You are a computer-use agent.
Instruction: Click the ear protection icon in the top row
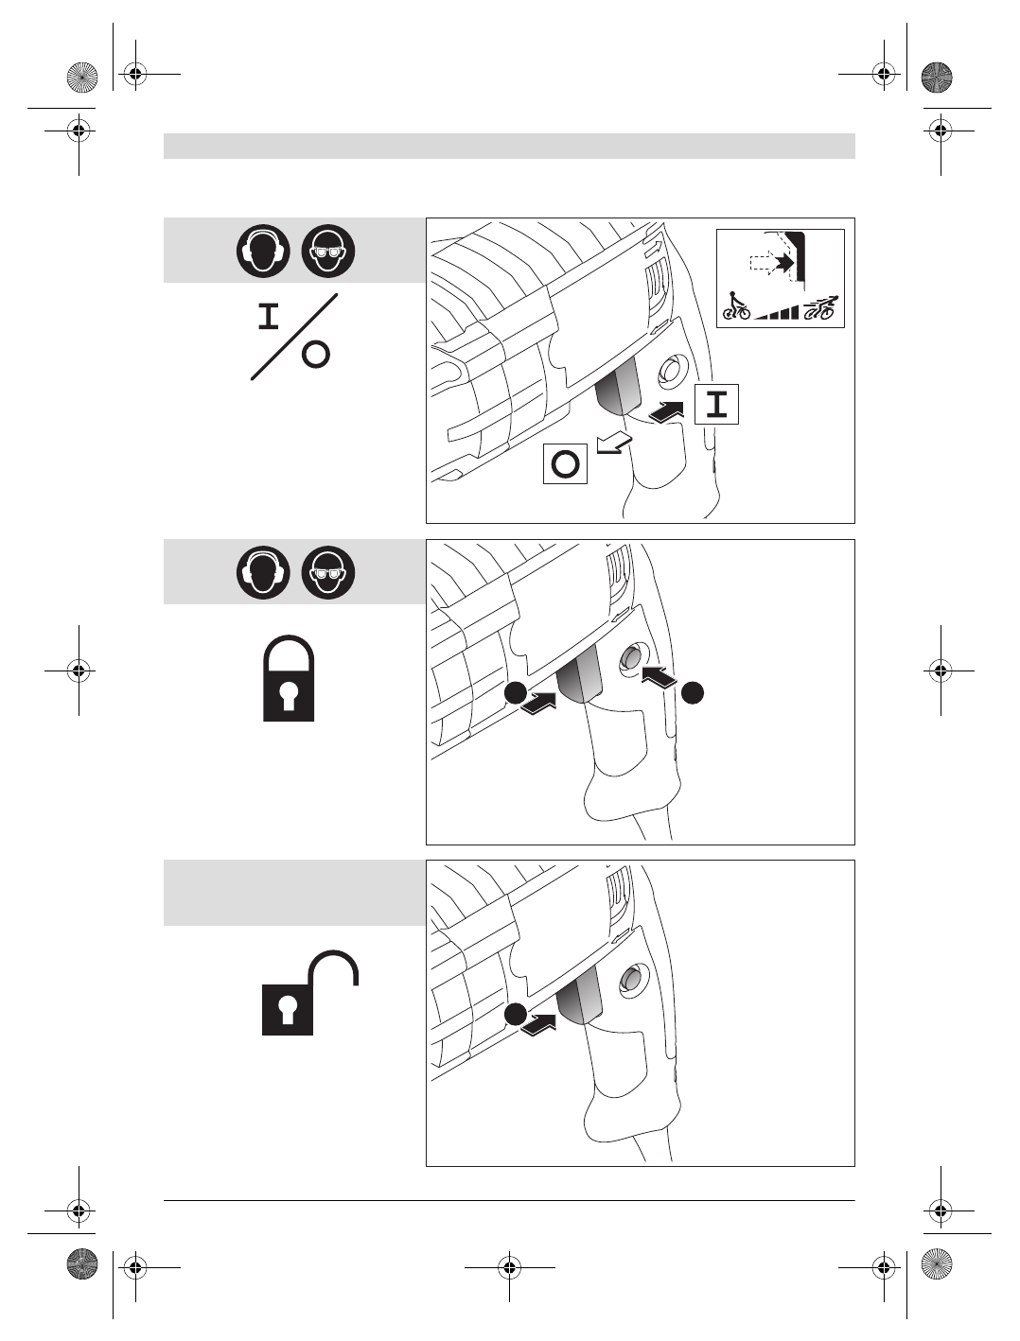(263, 252)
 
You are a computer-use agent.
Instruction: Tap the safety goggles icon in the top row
(327, 252)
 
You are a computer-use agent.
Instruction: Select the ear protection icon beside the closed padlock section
(263, 573)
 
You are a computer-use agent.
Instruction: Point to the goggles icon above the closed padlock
(327, 573)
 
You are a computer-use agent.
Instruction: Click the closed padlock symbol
(289, 679)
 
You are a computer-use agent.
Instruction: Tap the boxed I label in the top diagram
(717, 405)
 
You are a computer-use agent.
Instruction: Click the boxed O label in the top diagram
(565, 464)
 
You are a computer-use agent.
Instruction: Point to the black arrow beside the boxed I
(668, 412)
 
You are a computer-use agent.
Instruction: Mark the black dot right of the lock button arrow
(693, 692)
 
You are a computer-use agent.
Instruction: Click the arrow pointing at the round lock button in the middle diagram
(659, 675)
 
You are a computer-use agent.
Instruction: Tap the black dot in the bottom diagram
(514, 1014)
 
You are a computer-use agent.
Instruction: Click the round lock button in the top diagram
(671, 371)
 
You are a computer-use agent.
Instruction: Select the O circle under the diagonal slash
(316, 354)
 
